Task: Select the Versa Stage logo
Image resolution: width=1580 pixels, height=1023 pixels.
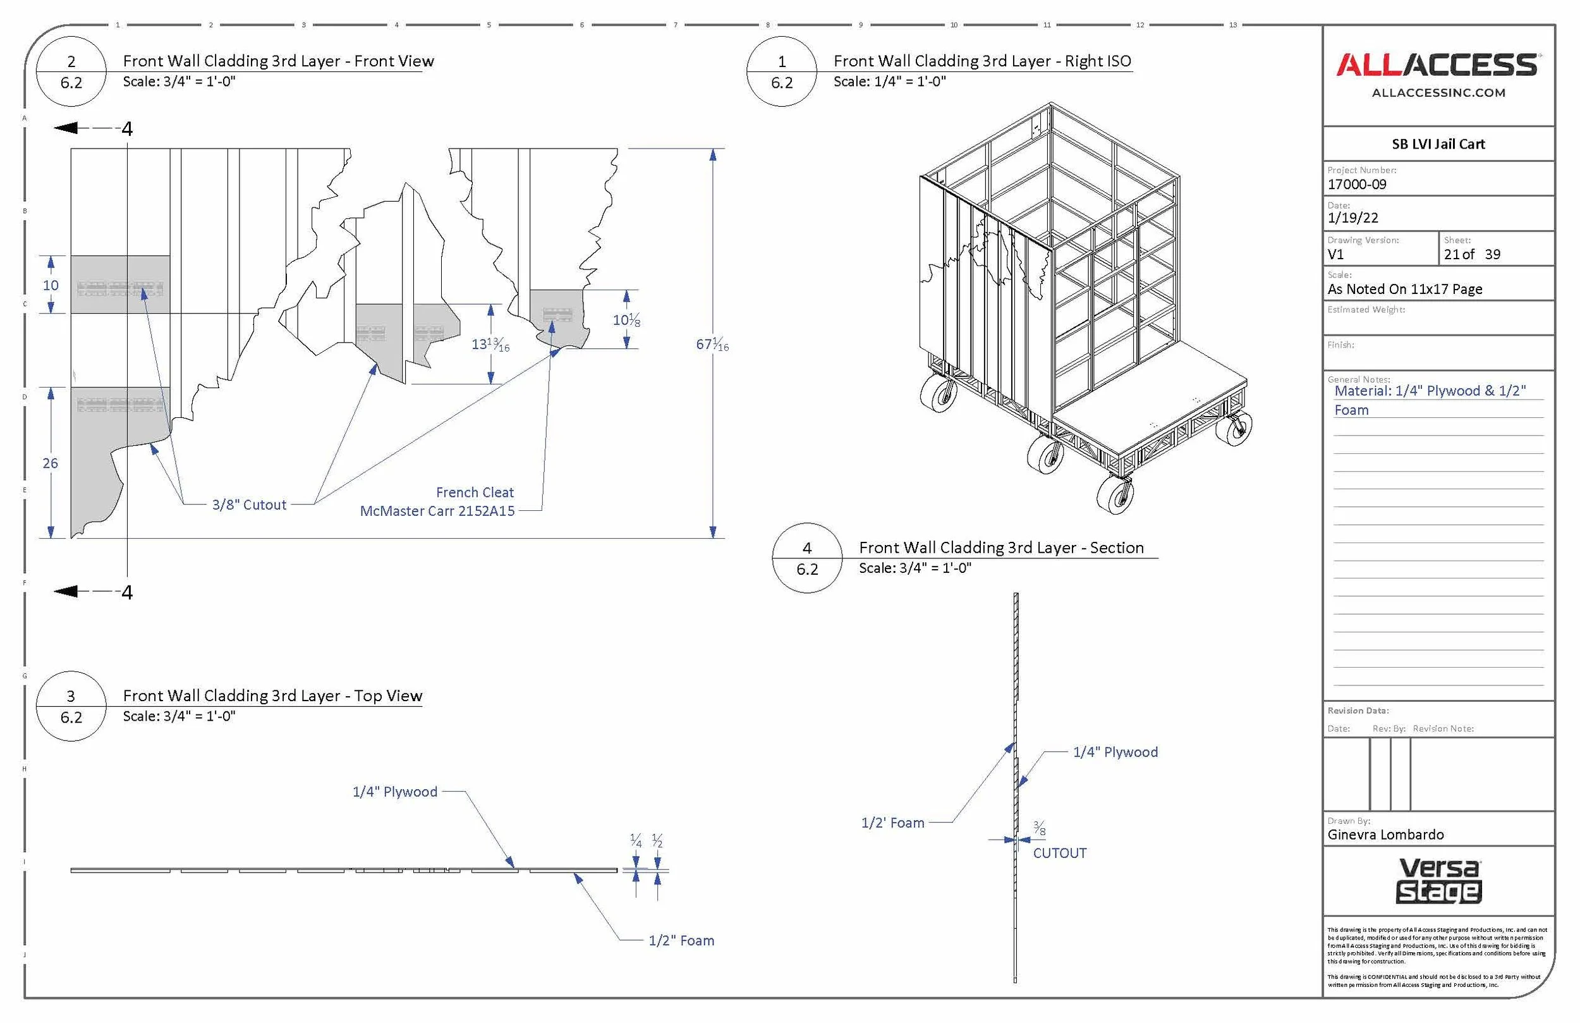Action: (1439, 881)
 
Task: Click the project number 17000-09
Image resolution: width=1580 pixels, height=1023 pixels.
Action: (1357, 185)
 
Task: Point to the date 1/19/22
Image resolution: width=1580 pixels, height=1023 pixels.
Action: (1353, 218)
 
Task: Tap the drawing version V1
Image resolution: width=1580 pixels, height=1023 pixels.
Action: (1335, 254)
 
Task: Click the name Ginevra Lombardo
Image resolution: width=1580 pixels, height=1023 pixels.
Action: (1385, 835)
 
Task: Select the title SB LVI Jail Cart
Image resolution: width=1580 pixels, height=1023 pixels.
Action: (1438, 144)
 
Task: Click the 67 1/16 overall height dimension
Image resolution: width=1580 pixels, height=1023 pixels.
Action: (712, 344)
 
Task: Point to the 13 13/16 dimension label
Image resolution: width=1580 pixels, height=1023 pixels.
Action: (490, 344)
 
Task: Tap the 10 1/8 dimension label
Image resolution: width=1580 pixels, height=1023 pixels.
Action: (626, 320)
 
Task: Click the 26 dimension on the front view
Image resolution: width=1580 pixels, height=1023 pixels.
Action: (51, 463)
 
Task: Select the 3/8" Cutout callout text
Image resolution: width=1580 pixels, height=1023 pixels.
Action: (249, 505)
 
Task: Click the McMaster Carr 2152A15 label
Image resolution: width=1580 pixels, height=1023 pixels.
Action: (437, 511)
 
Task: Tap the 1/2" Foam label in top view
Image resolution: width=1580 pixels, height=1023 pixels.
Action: (681, 941)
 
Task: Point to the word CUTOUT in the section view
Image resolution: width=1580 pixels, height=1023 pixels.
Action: (1059, 854)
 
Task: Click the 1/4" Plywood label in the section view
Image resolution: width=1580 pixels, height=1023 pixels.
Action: (1115, 752)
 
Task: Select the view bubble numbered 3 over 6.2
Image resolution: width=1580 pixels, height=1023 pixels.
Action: (71, 706)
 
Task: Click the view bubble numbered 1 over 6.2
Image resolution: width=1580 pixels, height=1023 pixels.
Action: (782, 71)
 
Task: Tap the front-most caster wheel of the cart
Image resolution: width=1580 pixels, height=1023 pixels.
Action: (1115, 496)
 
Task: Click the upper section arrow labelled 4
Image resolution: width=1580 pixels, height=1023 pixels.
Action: (93, 128)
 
